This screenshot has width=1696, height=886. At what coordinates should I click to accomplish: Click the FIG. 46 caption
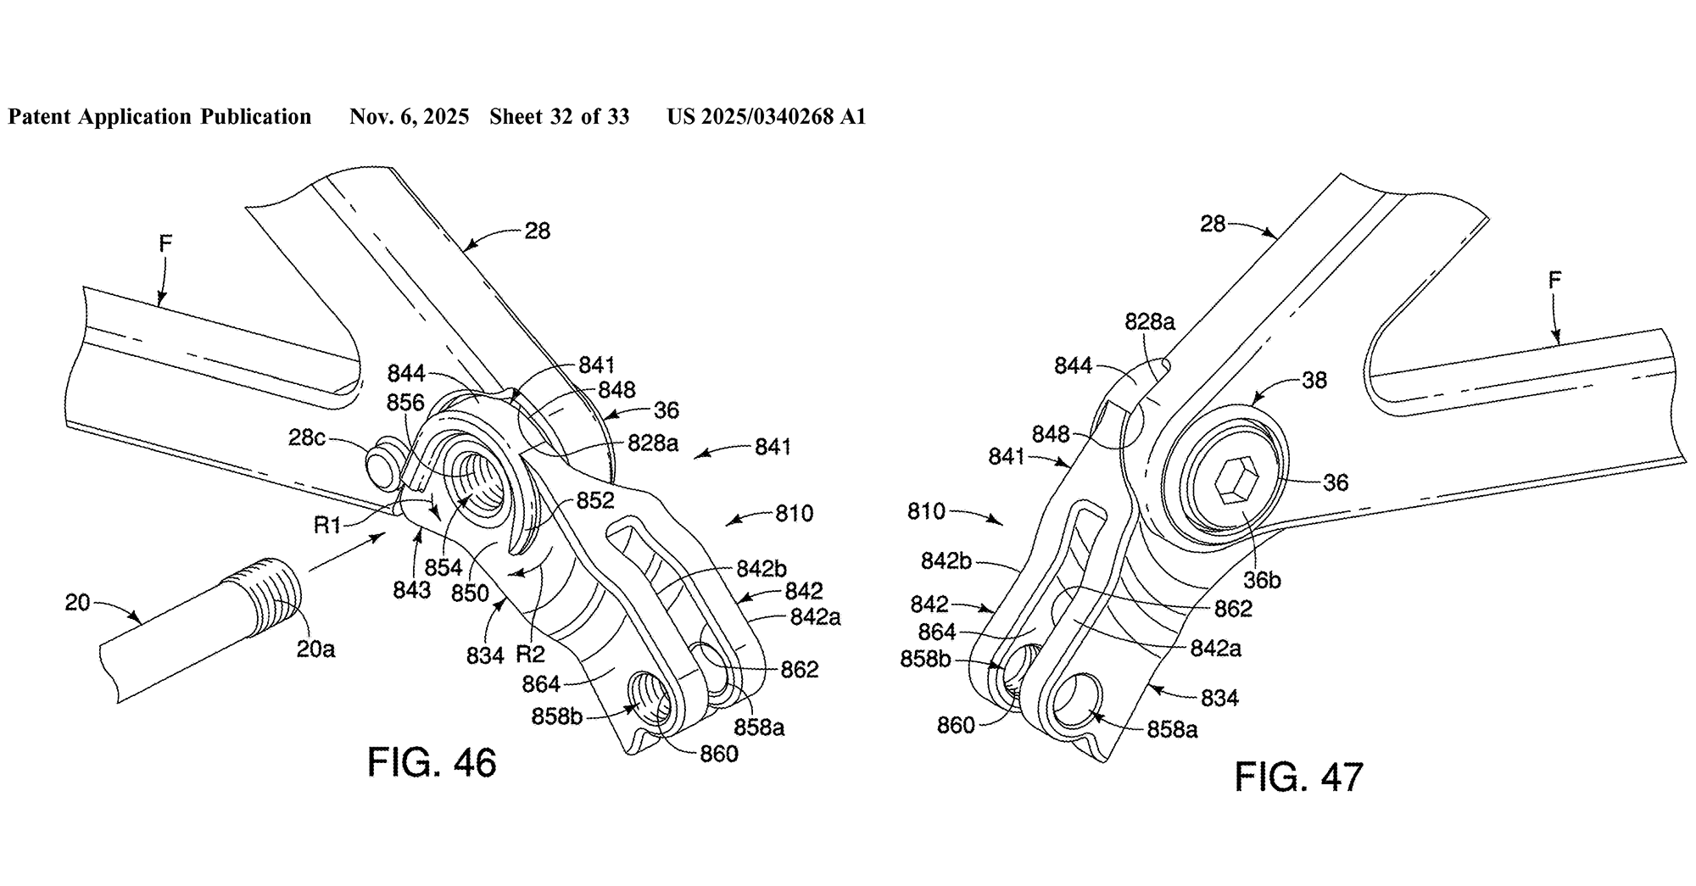point(432,762)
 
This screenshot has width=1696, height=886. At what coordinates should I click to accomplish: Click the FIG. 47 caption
point(1298,777)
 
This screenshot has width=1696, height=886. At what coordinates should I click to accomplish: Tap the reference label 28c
point(307,437)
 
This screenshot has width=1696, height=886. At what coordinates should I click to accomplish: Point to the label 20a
point(315,649)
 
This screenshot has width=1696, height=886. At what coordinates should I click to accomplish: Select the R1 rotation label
point(327,526)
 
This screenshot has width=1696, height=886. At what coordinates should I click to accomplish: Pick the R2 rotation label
point(530,654)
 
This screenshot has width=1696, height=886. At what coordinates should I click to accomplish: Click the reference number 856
point(405,402)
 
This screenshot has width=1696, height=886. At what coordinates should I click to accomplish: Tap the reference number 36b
point(1262,580)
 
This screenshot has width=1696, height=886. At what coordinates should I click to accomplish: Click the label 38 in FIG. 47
point(1314,380)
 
